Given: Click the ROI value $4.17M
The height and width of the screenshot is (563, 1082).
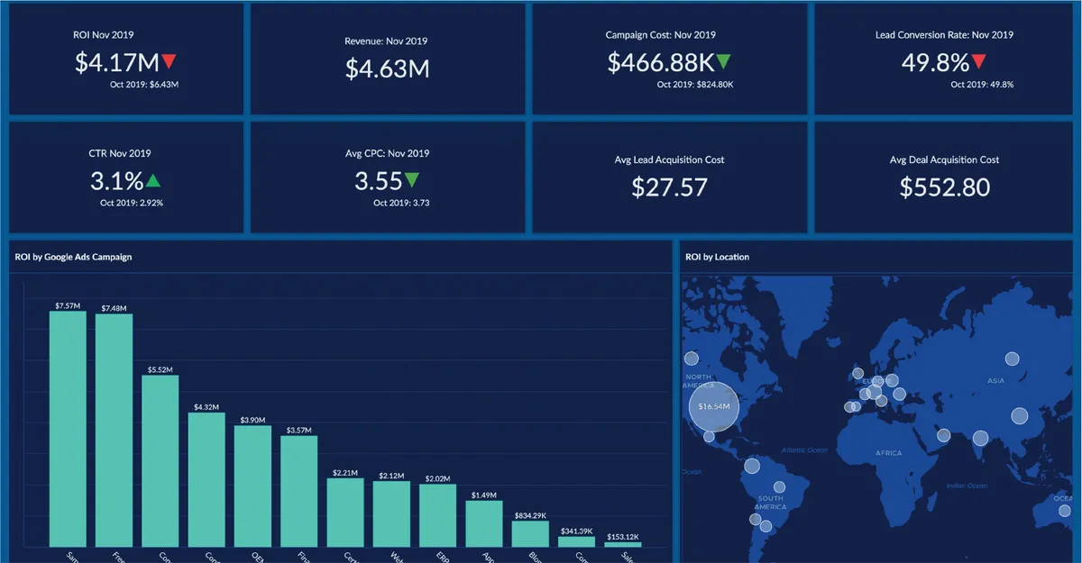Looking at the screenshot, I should (117, 63).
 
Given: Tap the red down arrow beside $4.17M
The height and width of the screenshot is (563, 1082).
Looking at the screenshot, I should (170, 62).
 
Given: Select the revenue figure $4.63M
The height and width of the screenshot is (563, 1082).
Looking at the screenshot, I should (387, 68).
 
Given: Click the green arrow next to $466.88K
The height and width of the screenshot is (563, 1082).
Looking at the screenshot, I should (723, 62).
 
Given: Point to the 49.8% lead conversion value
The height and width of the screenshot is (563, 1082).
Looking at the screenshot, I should (935, 63).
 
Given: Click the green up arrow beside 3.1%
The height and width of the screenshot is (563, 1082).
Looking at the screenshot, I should (153, 180).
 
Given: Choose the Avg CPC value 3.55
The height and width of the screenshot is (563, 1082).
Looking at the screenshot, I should (378, 181).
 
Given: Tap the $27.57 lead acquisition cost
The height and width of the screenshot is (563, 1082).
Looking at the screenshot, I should (669, 187).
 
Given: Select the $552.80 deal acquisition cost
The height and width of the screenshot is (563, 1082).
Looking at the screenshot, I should (944, 187).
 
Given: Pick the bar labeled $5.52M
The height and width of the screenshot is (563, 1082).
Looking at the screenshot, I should (160, 459).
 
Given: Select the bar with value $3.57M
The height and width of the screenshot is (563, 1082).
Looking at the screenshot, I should (298, 491).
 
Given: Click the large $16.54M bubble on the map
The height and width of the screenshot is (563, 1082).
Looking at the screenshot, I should (713, 407).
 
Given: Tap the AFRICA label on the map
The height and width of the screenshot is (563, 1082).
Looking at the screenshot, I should (887, 453).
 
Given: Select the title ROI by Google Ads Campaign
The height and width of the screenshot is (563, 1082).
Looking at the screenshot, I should (73, 257).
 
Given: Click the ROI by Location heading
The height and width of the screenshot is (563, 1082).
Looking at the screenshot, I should (717, 257).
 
